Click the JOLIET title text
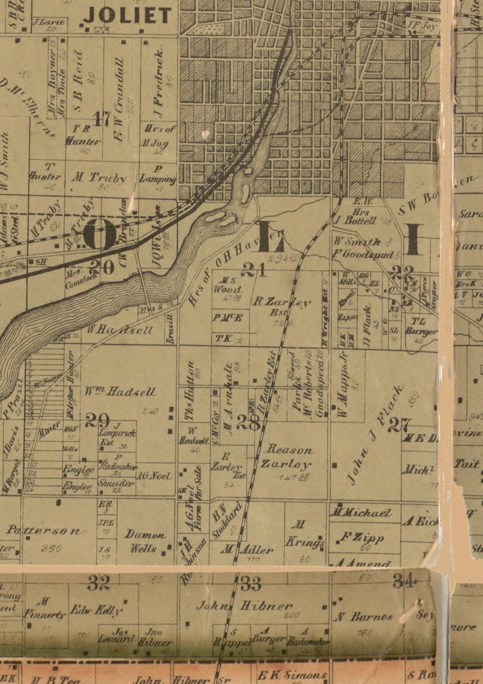pos(128,16)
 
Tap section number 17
pos(101,119)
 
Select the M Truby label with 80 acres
pos(99,178)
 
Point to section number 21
pos(254,270)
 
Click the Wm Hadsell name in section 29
pos(120,392)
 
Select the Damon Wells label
pos(145,541)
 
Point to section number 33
pos(250,583)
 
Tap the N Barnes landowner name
pos(364,617)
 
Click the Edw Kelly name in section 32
pos(96,611)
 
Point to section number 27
pos(399,425)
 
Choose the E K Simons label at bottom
pos(292,675)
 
